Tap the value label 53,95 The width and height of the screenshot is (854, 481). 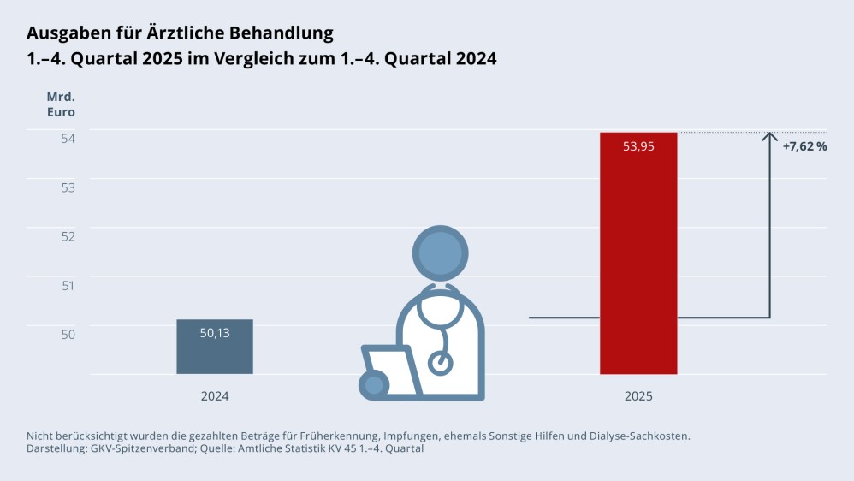pyautogui.click(x=638, y=146)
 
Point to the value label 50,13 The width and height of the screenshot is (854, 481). pyautogui.click(x=215, y=333)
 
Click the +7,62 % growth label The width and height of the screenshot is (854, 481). pyautogui.click(x=804, y=146)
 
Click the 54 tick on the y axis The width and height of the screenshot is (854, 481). pyautogui.click(x=68, y=138)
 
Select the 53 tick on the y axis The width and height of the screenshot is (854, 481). pyautogui.click(x=68, y=187)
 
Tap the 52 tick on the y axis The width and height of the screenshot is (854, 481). pyautogui.click(x=68, y=235)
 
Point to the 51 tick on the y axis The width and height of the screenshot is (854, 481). pyautogui.click(x=68, y=284)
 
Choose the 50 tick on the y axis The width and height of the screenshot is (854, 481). pyautogui.click(x=68, y=333)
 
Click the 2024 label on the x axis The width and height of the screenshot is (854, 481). pyautogui.click(x=215, y=396)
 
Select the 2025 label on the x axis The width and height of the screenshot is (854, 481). pyautogui.click(x=638, y=396)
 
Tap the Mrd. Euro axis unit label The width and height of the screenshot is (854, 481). pyautogui.click(x=61, y=104)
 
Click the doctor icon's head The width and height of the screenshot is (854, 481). pyautogui.click(x=441, y=252)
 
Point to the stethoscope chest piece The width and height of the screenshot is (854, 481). pyautogui.click(x=441, y=362)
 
